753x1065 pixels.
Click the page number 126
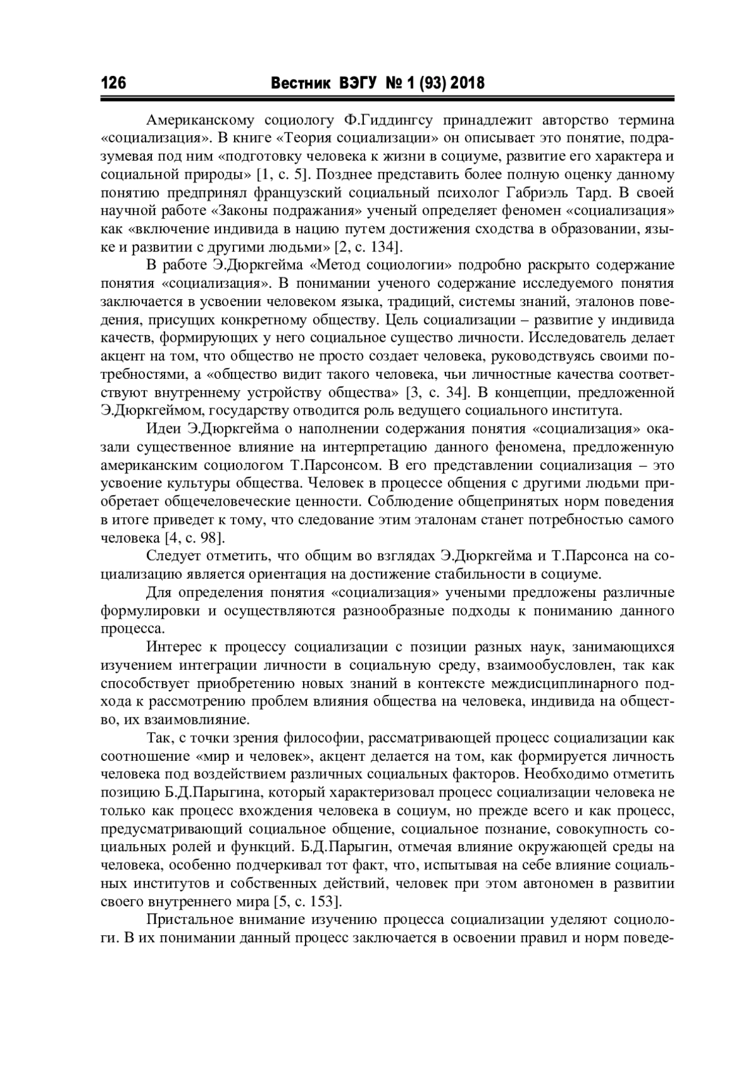pos(114,83)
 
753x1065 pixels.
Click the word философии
pos(321,738)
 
